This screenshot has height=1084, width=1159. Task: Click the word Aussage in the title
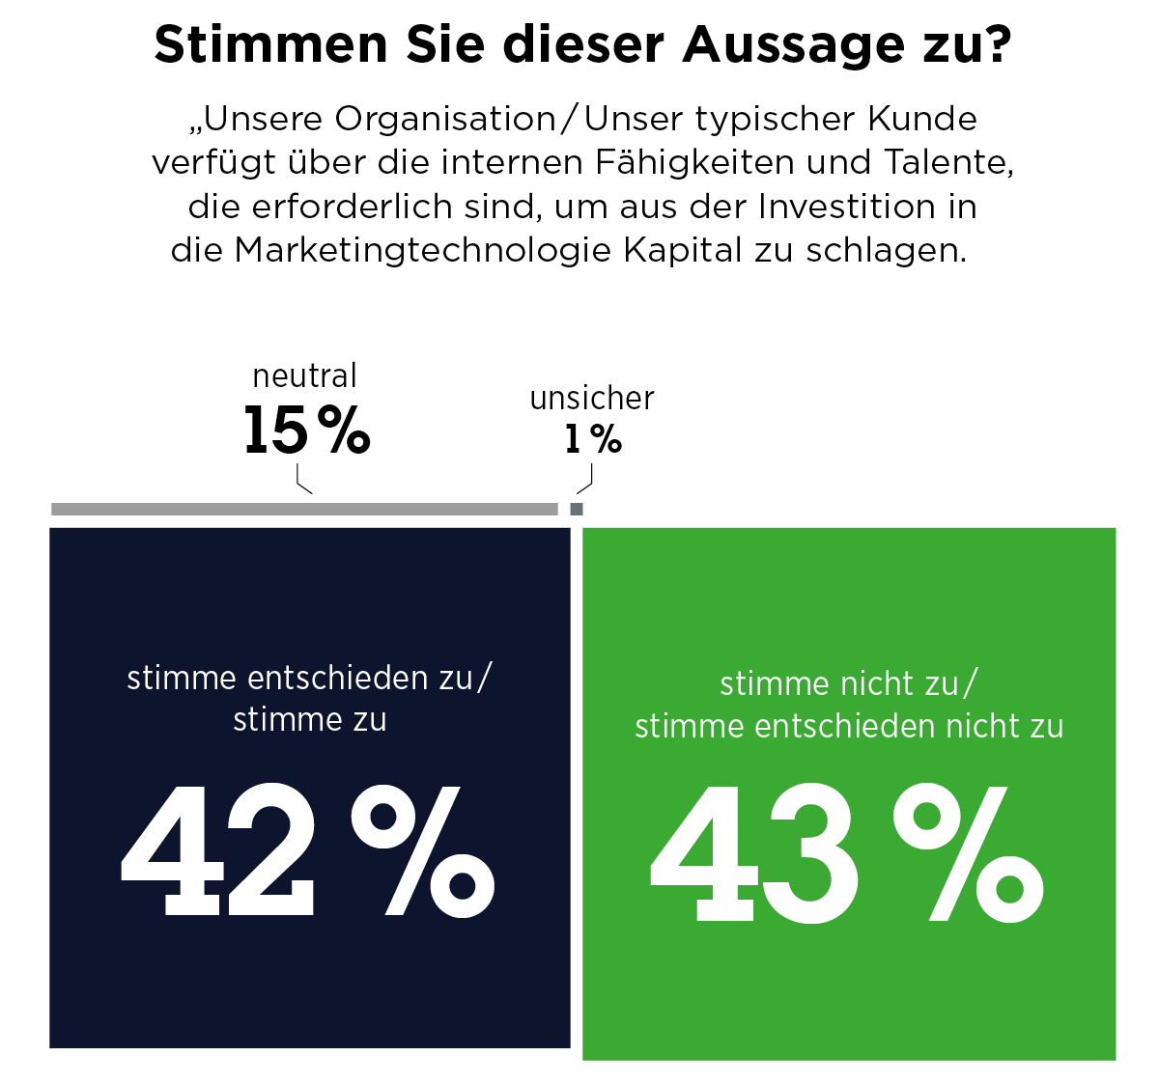tap(793, 46)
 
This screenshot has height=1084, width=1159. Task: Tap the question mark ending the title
tap(996, 43)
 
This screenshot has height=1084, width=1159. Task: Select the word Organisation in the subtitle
tap(444, 120)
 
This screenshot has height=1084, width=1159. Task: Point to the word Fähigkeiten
tap(694, 162)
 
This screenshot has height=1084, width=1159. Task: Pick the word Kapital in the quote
tap(682, 252)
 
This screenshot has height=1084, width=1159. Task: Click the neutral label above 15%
tap(304, 375)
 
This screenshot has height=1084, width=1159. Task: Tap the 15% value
tap(307, 430)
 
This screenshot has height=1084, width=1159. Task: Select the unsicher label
tap(592, 398)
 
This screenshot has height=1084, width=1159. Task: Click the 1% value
tap(593, 439)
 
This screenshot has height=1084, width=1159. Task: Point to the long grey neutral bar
tap(304, 510)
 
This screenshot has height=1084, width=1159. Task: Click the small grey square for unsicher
tap(577, 510)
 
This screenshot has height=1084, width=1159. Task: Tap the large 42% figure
tap(307, 851)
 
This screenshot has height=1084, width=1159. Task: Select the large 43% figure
tap(847, 854)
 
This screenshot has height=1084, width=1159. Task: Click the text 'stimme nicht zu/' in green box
tap(848, 683)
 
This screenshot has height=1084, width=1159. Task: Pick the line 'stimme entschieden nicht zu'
tap(849, 727)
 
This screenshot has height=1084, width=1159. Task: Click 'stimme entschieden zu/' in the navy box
tap(310, 678)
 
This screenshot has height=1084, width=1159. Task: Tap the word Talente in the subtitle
tap(948, 162)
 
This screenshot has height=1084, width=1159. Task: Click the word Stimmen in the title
tap(270, 45)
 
